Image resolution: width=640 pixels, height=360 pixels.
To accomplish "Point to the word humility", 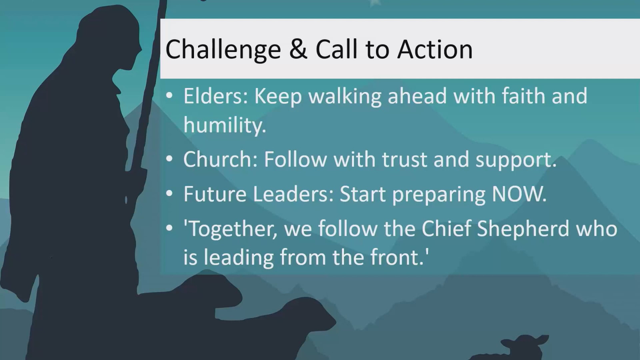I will pyautogui.click(x=224, y=125).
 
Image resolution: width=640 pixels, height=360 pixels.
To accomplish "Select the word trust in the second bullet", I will pyautogui.click(x=404, y=160).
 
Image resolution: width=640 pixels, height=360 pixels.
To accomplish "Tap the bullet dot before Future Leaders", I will pyautogui.click(x=170, y=194).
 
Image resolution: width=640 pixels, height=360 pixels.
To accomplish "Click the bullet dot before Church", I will pyautogui.click(x=170, y=159).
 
